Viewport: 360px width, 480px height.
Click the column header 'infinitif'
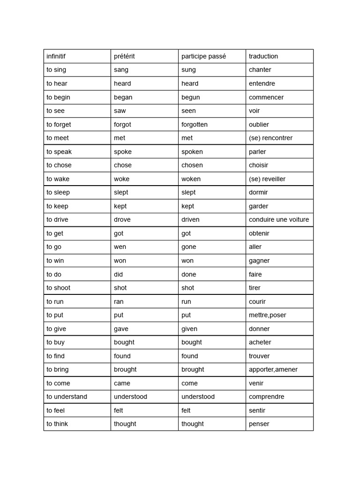[x=56, y=56]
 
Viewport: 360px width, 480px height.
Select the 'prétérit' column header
[x=124, y=56]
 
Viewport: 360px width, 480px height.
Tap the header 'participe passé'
[x=204, y=56]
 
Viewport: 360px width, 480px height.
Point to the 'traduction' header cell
[x=263, y=56]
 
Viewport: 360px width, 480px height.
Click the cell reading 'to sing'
[x=56, y=70]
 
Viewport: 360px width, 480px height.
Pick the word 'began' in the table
[x=123, y=97]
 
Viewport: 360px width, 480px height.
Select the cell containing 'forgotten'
[x=195, y=124]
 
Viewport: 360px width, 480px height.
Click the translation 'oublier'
[x=259, y=124]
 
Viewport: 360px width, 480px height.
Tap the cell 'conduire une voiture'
[x=279, y=219]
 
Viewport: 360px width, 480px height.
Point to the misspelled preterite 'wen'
[x=120, y=247]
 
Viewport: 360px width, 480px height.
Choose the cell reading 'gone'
[x=189, y=247]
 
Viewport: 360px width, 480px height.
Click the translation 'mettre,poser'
[x=268, y=315]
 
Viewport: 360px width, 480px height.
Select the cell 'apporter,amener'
[x=273, y=369]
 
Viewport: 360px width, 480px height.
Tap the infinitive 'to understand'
[x=67, y=397]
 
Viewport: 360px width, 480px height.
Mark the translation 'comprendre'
[x=267, y=397]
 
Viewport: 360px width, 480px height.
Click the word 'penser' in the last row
[x=259, y=424]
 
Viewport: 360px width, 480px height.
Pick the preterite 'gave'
[x=121, y=329]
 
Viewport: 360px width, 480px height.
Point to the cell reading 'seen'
[x=189, y=111]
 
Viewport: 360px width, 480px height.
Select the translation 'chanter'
[x=260, y=70]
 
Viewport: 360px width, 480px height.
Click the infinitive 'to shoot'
[x=58, y=288]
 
